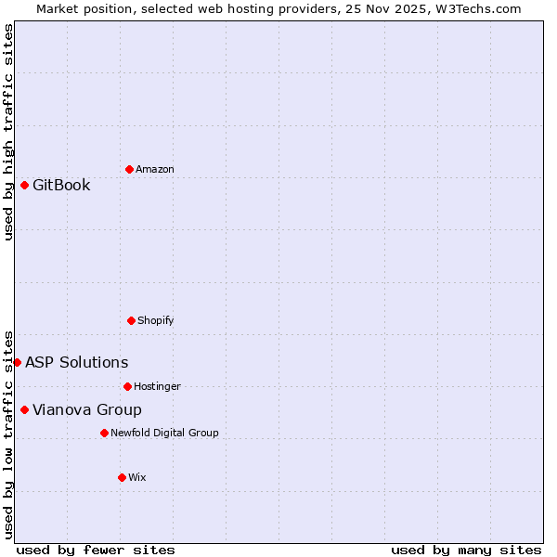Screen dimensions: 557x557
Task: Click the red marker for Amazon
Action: (x=129, y=169)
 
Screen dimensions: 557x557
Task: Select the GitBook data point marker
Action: (x=24, y=185)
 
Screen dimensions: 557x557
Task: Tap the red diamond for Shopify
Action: (x=131, y=320)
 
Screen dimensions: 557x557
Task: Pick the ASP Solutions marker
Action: (x=17, y=362)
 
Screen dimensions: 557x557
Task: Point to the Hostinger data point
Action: (x=127, y=386)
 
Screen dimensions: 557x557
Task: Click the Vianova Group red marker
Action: (x=24, y=409)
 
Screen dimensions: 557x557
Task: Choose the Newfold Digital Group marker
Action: (x=104, y=433)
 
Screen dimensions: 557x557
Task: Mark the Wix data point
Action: (x=122, y=477)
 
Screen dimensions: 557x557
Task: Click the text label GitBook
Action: (x=61, y=185)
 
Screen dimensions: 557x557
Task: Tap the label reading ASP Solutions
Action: (x=76, y=362)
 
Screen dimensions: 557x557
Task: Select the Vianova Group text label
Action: (x=87, y=409)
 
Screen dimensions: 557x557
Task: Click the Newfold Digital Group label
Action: (x=164, y=433)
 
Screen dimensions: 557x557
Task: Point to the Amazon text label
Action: (x=155, y=169)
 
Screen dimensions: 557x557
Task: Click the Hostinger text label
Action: (x=157, y=386)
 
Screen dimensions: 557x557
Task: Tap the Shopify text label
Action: (x=156, y=320)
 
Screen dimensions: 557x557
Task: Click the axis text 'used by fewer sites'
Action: (x=96, y=550)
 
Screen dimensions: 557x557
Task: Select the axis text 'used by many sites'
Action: (x=466, y=550)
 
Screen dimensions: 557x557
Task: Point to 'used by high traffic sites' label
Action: (x=8, y=132)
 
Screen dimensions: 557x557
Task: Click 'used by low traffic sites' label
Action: (x=8, y=434)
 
